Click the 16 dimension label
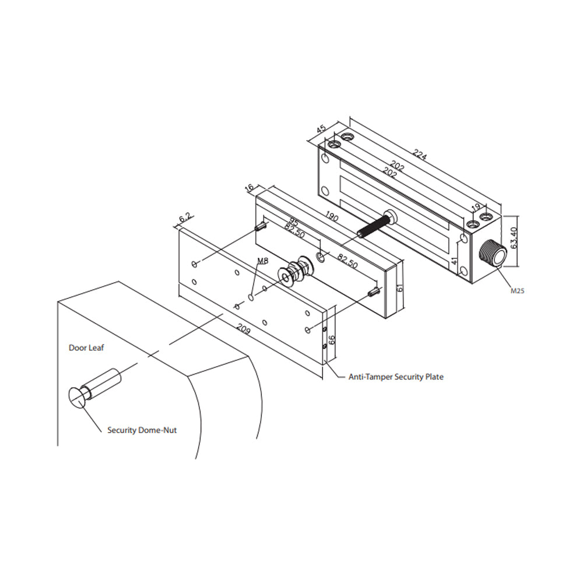(x=250, y=188)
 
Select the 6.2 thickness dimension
(x=185, y=218)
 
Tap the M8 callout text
(x=262, y=262)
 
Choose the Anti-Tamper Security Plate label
(x=395, y=377)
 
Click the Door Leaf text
(x=86, y=347)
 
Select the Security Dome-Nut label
(x=142, y=430)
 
